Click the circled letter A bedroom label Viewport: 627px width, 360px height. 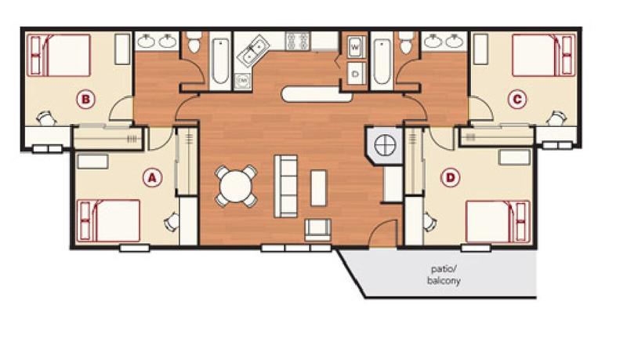point(152,178)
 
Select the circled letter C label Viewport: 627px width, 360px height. point(515,99)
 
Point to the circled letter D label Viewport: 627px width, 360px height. point(450,178)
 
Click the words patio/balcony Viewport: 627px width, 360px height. point(445,275)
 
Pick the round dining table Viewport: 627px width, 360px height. point(236,186)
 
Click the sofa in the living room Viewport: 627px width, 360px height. point(286,185)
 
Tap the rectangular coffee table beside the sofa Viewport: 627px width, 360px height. point(319,187)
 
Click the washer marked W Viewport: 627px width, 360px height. point(355,48)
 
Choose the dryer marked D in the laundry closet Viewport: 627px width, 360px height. point(355,72)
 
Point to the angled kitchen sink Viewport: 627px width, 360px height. point(254,51)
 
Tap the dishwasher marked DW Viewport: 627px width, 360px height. point(242,80)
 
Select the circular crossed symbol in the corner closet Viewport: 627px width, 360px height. point(383,145)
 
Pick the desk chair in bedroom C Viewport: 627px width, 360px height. point(556,118)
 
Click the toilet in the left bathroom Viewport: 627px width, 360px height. point(193,45)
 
